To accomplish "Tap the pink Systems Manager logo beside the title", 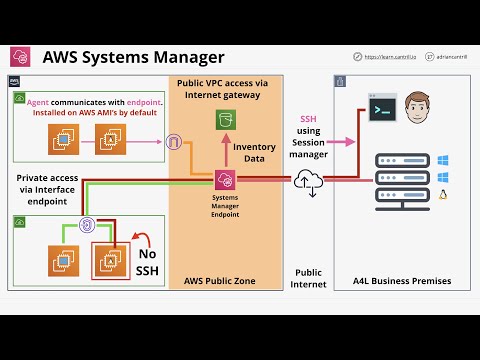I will (20, 56).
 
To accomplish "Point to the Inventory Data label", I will (254, 153).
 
